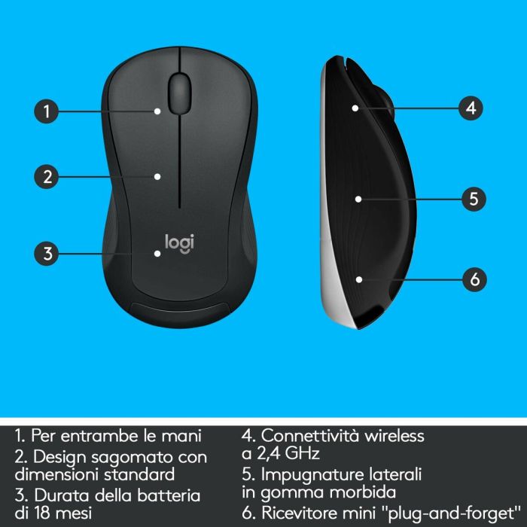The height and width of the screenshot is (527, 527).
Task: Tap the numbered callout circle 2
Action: pos(47,177)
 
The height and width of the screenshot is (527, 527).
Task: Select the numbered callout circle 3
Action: pos(47,253)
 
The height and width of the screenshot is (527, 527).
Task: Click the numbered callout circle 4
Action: pos(470,108)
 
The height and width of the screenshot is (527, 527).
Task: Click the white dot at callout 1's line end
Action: pos(157,111)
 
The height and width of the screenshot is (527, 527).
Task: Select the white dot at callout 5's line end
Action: pos(359,199)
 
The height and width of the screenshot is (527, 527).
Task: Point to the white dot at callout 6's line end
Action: pos(359,279)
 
